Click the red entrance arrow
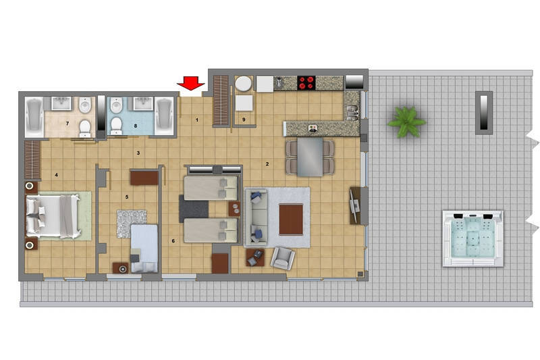click(x=191, y=83)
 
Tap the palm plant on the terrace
click(x=406, y=122)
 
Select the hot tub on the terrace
click(x=473, y=238)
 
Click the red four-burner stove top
click(x=306, y=82)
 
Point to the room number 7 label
click(x=67, y=124)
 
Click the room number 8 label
click(x=136, y=126)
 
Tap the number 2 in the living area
click(x=267, y=164)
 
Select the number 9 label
click(x=244, y=120)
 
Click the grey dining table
click(x=310, y=157)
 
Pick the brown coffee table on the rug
click(x=291, y=220)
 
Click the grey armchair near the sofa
click(x=283, y=258)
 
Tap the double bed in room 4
click(x=53, y=216)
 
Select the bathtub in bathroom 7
click(x=34, y=115)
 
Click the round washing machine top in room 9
click(x=244, y=84)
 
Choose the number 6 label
click(x=173, y=241)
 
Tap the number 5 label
click(x=127, y=197)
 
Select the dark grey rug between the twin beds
click(x=194, y=209)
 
